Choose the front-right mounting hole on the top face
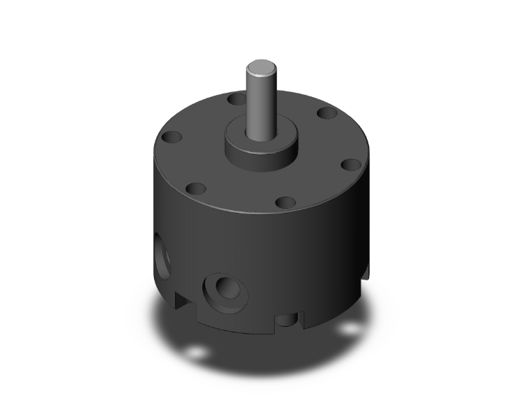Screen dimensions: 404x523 [285, 202]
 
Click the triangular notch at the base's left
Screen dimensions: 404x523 [181, 300]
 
